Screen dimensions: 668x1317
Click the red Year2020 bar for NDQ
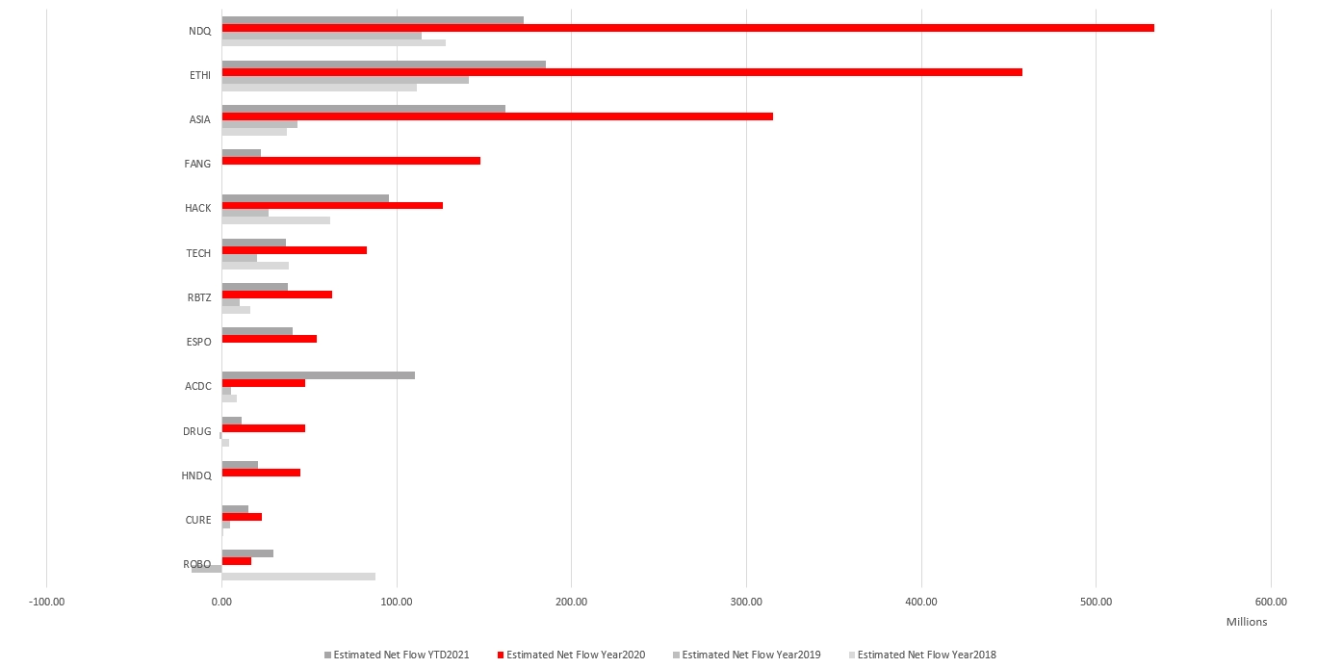coord(687,28)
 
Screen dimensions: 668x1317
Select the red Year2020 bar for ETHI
coord(622,72)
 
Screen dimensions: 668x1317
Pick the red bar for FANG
coord(350,161)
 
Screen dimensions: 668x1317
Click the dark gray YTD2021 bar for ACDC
coord(318,375)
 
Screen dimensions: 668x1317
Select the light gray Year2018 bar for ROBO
coord(298,577)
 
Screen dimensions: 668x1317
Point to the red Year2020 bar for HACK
coord(332,205)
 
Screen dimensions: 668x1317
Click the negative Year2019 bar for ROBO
coord(207,569)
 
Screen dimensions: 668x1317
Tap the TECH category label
coord(198,253)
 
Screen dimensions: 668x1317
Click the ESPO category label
coord(198,342)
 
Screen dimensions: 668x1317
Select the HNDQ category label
coord(196,475)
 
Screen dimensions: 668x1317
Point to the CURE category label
coord(198,520)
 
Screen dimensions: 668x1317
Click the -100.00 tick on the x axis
coord(47,603)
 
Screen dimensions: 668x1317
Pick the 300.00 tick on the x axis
coord(746,603)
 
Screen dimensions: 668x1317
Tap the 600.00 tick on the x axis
coord(1271,603)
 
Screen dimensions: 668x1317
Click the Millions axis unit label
coord(1247,622)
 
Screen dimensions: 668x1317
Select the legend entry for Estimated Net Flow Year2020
coord(575,655)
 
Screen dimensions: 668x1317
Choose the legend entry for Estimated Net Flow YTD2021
coord(400,655)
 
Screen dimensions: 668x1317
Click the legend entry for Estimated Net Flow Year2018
coord(926,655)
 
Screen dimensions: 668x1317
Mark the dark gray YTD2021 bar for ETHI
coord(383,64)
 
